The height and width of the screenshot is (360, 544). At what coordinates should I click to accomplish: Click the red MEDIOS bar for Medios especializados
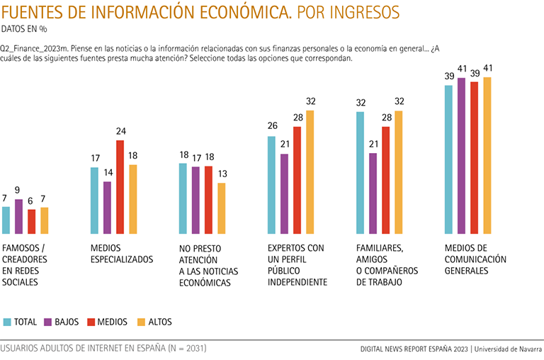pos(120,187)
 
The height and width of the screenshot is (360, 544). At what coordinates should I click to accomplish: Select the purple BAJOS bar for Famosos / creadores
pos(19,216)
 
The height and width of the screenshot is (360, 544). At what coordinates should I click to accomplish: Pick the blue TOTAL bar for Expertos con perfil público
pos(271,184)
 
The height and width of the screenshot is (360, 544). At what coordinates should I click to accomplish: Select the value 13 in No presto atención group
pos(221,174)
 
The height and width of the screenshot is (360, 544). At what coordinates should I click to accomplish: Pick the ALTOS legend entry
pos(154,322)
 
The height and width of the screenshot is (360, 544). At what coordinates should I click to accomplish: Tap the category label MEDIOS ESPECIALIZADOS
pos(122,254)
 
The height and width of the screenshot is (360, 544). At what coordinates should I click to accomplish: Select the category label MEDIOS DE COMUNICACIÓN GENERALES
pos(475,259)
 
